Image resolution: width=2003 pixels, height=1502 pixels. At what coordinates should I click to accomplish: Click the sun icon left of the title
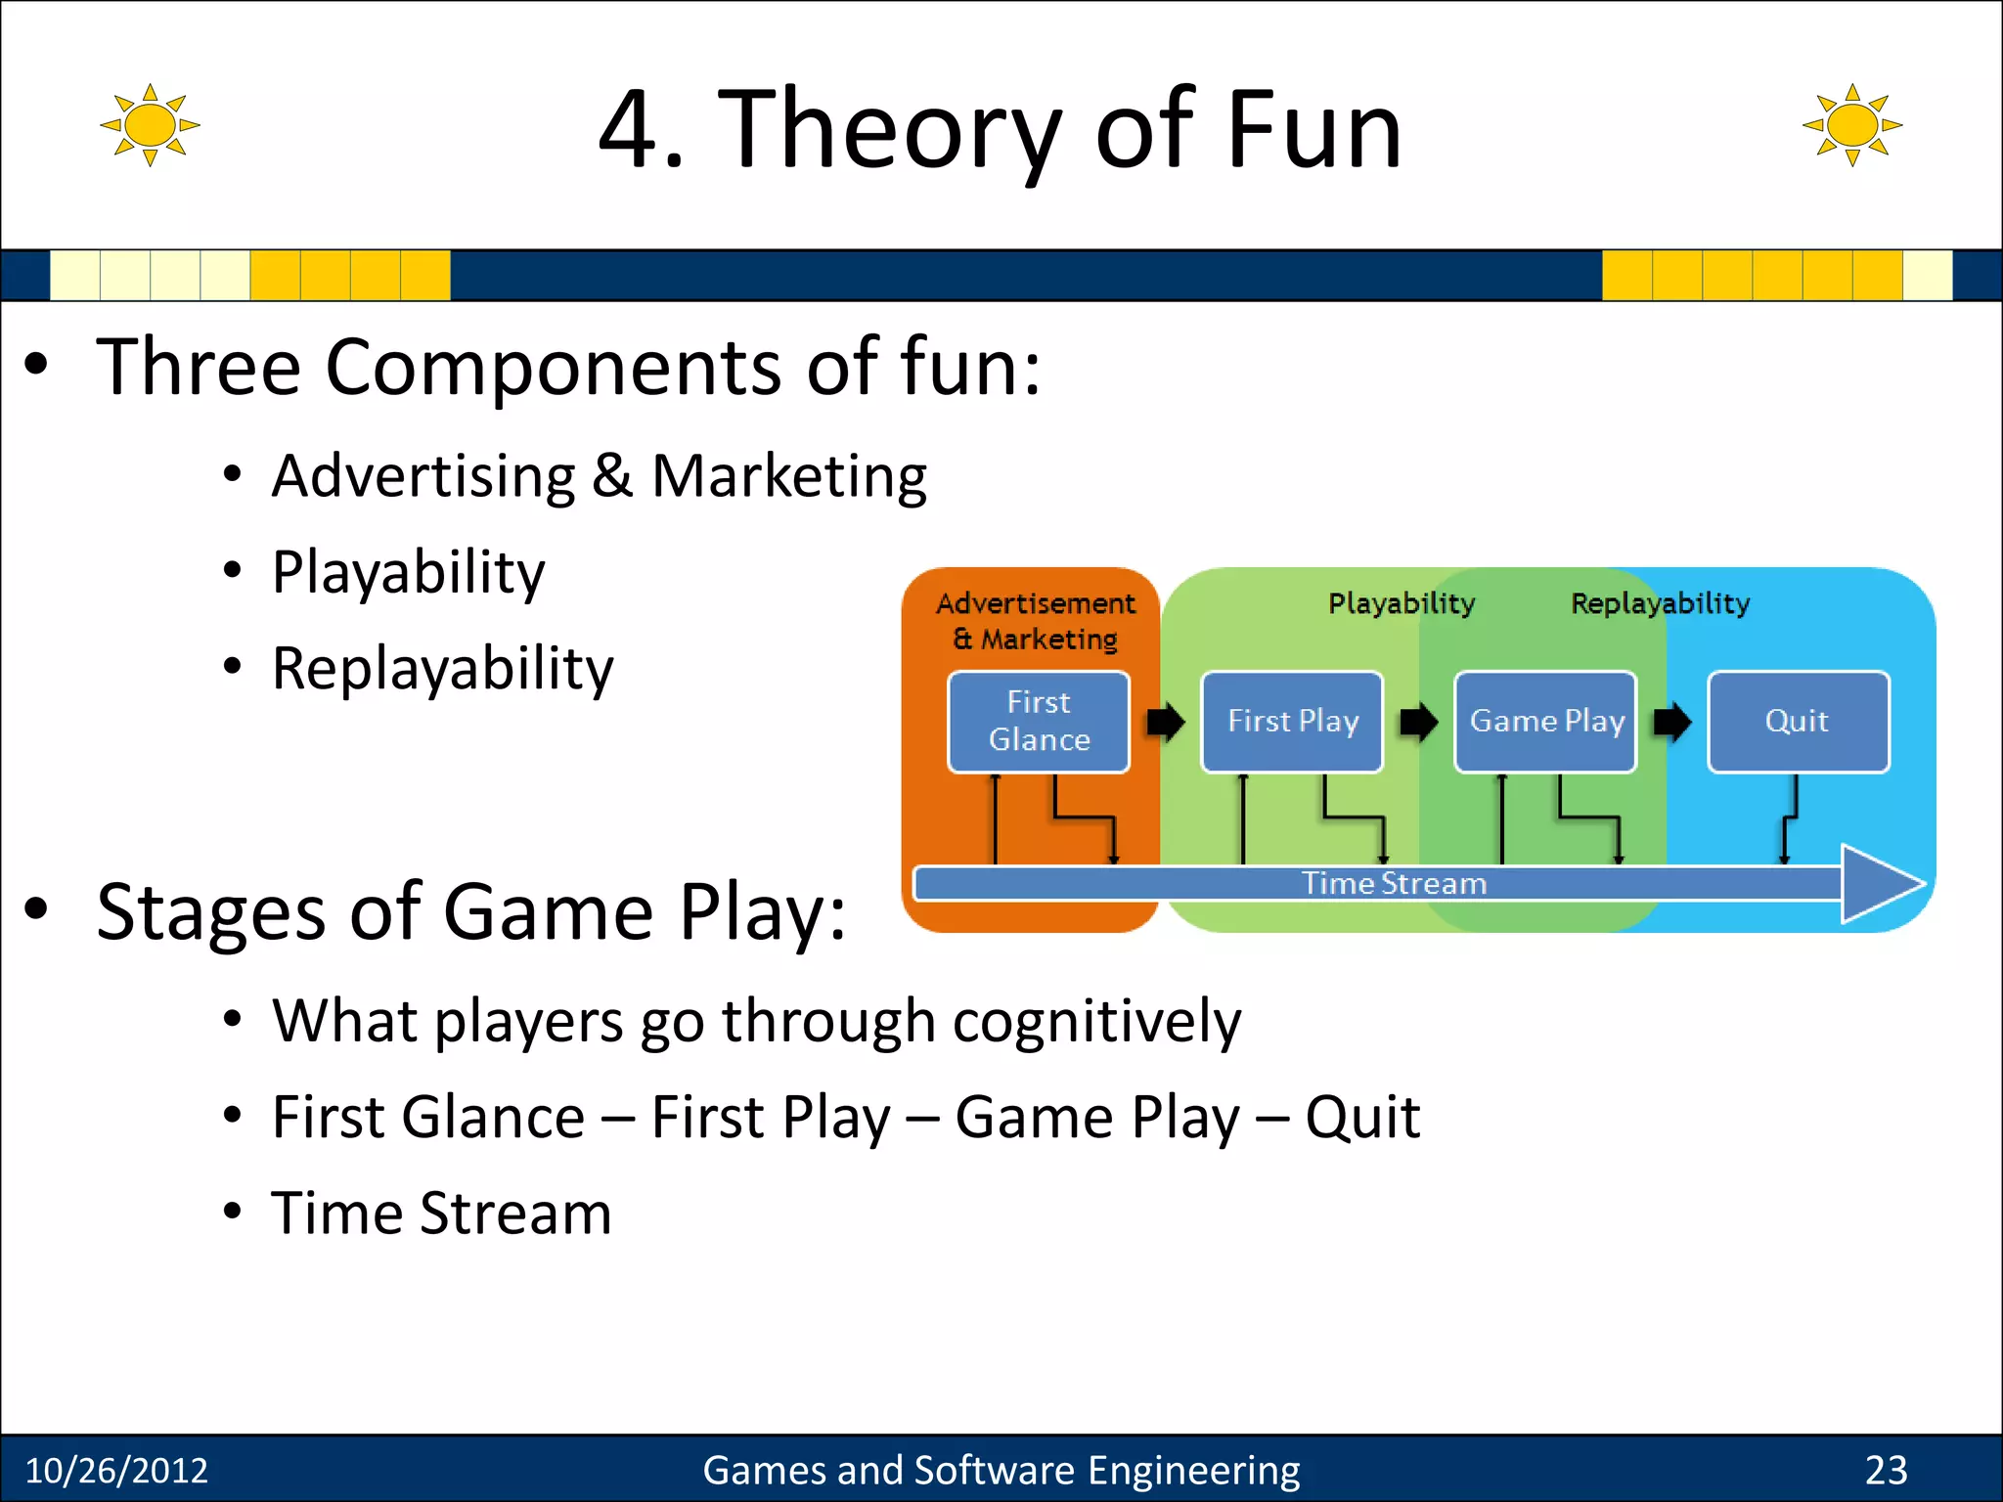click(150, 125)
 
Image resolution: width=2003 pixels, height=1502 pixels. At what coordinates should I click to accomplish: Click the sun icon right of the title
click(1851, 125)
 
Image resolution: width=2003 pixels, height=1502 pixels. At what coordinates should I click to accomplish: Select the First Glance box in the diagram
click(1039, 722)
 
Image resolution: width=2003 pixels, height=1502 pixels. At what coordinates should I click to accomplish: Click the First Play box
click(1292, 722)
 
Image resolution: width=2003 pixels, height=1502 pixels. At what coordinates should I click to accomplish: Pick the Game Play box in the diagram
click(1545, 722)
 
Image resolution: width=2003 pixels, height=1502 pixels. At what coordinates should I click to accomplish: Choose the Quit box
click(1798, 722)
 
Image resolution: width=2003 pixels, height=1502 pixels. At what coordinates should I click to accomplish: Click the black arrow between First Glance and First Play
click(1165, 723)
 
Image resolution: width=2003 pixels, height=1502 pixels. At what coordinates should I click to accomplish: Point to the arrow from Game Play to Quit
click(1671, 723)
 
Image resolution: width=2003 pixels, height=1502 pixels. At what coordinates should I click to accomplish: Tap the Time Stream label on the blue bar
click(1394, 884)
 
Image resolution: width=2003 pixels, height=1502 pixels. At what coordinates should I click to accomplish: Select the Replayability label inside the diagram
click(1660, 603)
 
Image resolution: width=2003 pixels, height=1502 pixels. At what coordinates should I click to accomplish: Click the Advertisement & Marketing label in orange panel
click(1036, 621)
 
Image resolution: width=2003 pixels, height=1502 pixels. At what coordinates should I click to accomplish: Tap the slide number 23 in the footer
click(1886, 1471)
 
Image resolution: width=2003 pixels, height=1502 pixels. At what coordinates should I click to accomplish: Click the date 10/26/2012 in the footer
click(116, 1471)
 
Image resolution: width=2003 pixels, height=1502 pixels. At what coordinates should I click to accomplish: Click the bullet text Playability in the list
click(408, 572)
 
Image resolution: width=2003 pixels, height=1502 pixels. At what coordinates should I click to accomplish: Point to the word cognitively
click(1096, 1021)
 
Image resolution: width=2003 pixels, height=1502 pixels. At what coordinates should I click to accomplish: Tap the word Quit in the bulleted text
click(1361, 1117)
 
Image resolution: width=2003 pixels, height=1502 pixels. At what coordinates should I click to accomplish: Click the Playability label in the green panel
click(1401, 603)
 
